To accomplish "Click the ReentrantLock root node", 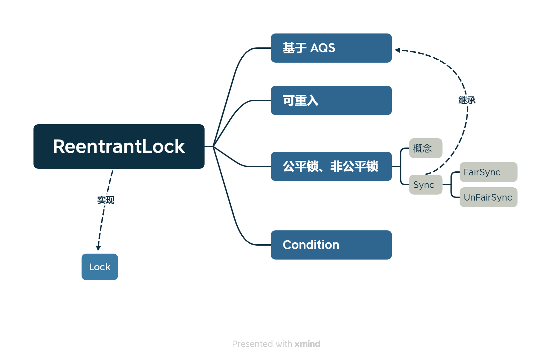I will point(119,146).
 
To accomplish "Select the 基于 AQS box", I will point(331,48).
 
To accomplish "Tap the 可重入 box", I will point(331,100).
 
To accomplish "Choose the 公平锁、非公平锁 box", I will point(331,166).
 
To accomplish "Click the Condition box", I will point(331,245).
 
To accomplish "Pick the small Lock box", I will point(99,267).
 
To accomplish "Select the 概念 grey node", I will point(425,148).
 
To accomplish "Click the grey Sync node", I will point(425,185).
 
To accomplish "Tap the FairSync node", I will point(488,172).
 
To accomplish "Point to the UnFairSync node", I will point(488,197).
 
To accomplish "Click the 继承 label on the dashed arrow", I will point(467,100).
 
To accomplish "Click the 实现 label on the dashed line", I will point(105,200).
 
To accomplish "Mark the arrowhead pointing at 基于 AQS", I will point(397,50).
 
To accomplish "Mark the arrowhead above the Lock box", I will point(98,248).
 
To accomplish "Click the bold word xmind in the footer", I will point(307,344).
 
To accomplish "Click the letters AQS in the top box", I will point(323,48).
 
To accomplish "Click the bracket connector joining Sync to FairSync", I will point(451,179).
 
